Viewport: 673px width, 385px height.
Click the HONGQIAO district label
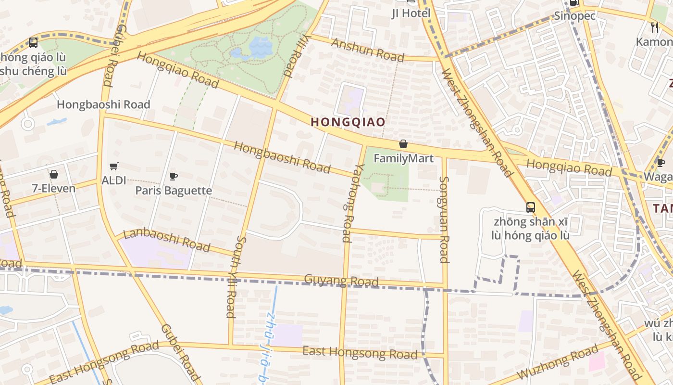[x=348, y=122]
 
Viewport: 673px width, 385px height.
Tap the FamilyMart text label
[x=403, y=158]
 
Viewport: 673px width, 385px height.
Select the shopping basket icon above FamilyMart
[x=403, y=144]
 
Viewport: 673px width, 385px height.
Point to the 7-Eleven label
[x=54, y=188]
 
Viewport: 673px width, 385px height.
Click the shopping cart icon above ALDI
[x=113, y=167]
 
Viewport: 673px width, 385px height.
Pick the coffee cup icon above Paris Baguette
[x=174, y=176]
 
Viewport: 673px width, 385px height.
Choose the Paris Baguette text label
[x=174, y=191]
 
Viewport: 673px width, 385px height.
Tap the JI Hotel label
[x=411, y=13]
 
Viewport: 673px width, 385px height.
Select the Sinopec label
[x=575, y=16]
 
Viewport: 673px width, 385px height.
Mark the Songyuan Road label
[x=444, y=219]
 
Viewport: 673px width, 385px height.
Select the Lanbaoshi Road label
[x=167, y=240]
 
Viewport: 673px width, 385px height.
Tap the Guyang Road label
[x=341, y=280]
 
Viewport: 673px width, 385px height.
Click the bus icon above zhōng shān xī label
[x=530, y=207]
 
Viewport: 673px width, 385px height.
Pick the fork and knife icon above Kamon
[x=654, y=26]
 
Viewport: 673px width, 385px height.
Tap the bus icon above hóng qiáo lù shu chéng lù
[x=33, y=43]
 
